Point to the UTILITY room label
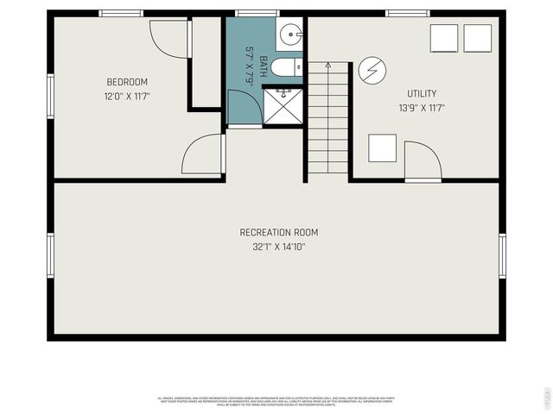tap(422, 93)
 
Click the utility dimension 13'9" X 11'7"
tap(422, 108)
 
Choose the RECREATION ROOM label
tap(278, 232)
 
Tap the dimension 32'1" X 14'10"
tap(278, 247)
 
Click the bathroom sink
tap(290, 36)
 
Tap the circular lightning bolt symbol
tap(372, 69)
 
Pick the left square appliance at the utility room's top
tap(444, 38)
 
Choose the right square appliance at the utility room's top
tap(477, 38)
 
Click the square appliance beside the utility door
tap(382, 147)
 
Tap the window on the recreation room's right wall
tap(502, 255)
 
